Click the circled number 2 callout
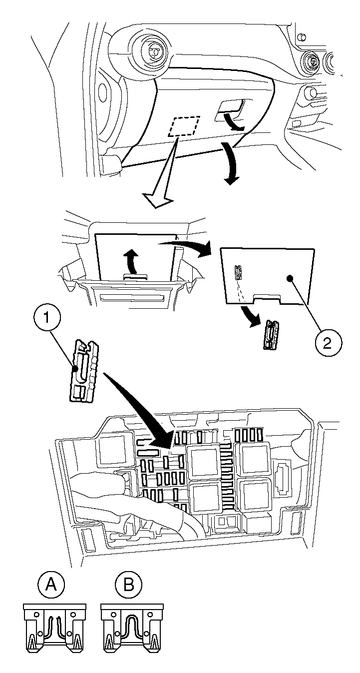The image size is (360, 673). click(327, 343)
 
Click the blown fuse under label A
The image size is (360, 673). click(54, 628)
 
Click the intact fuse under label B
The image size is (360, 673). click(132, 628)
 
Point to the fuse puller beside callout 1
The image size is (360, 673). click(84, 370)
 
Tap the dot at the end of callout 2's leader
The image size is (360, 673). click(291, 278)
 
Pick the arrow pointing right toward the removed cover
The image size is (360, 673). click(185, 246)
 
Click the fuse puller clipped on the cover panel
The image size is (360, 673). click(238, 272)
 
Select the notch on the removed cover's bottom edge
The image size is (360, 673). click(268, 298)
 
